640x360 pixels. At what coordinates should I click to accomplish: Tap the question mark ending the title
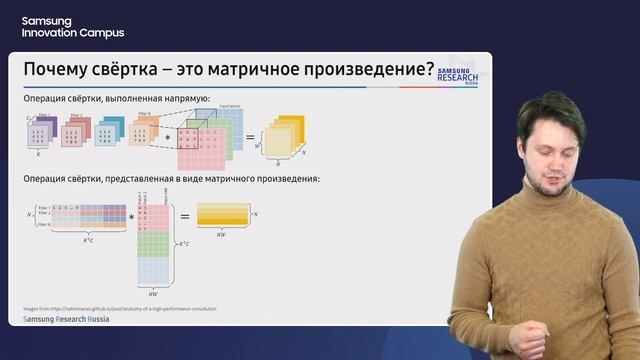429,71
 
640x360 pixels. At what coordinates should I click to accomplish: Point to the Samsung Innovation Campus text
73,27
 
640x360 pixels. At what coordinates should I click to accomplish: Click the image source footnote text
119,308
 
